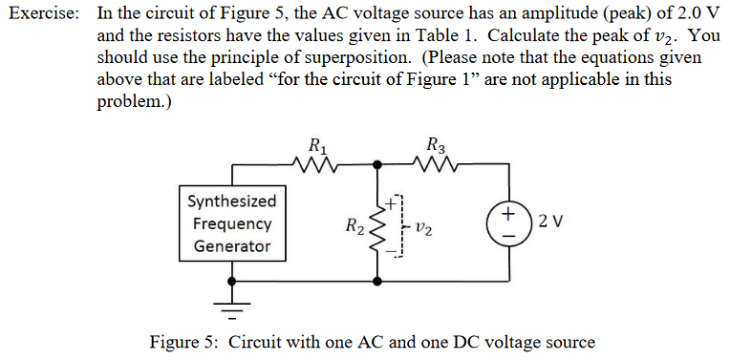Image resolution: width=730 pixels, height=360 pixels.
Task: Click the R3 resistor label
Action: click(x=436, y=147)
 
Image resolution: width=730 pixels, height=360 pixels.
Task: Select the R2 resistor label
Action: click(x=354, y=226)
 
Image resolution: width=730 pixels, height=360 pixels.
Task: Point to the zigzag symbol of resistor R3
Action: click(x=436, y=166)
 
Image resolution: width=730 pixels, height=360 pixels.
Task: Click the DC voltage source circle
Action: click(x=509, y=222)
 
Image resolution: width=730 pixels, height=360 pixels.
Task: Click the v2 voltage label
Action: click(x=426, y=228)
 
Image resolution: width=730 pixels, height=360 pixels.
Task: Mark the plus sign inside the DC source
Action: click(x=509, y=210)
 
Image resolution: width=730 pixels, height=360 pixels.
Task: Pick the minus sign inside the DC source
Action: click(x=509, y=233)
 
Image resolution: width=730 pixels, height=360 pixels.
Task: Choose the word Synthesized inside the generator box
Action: click(x=232, y=201)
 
